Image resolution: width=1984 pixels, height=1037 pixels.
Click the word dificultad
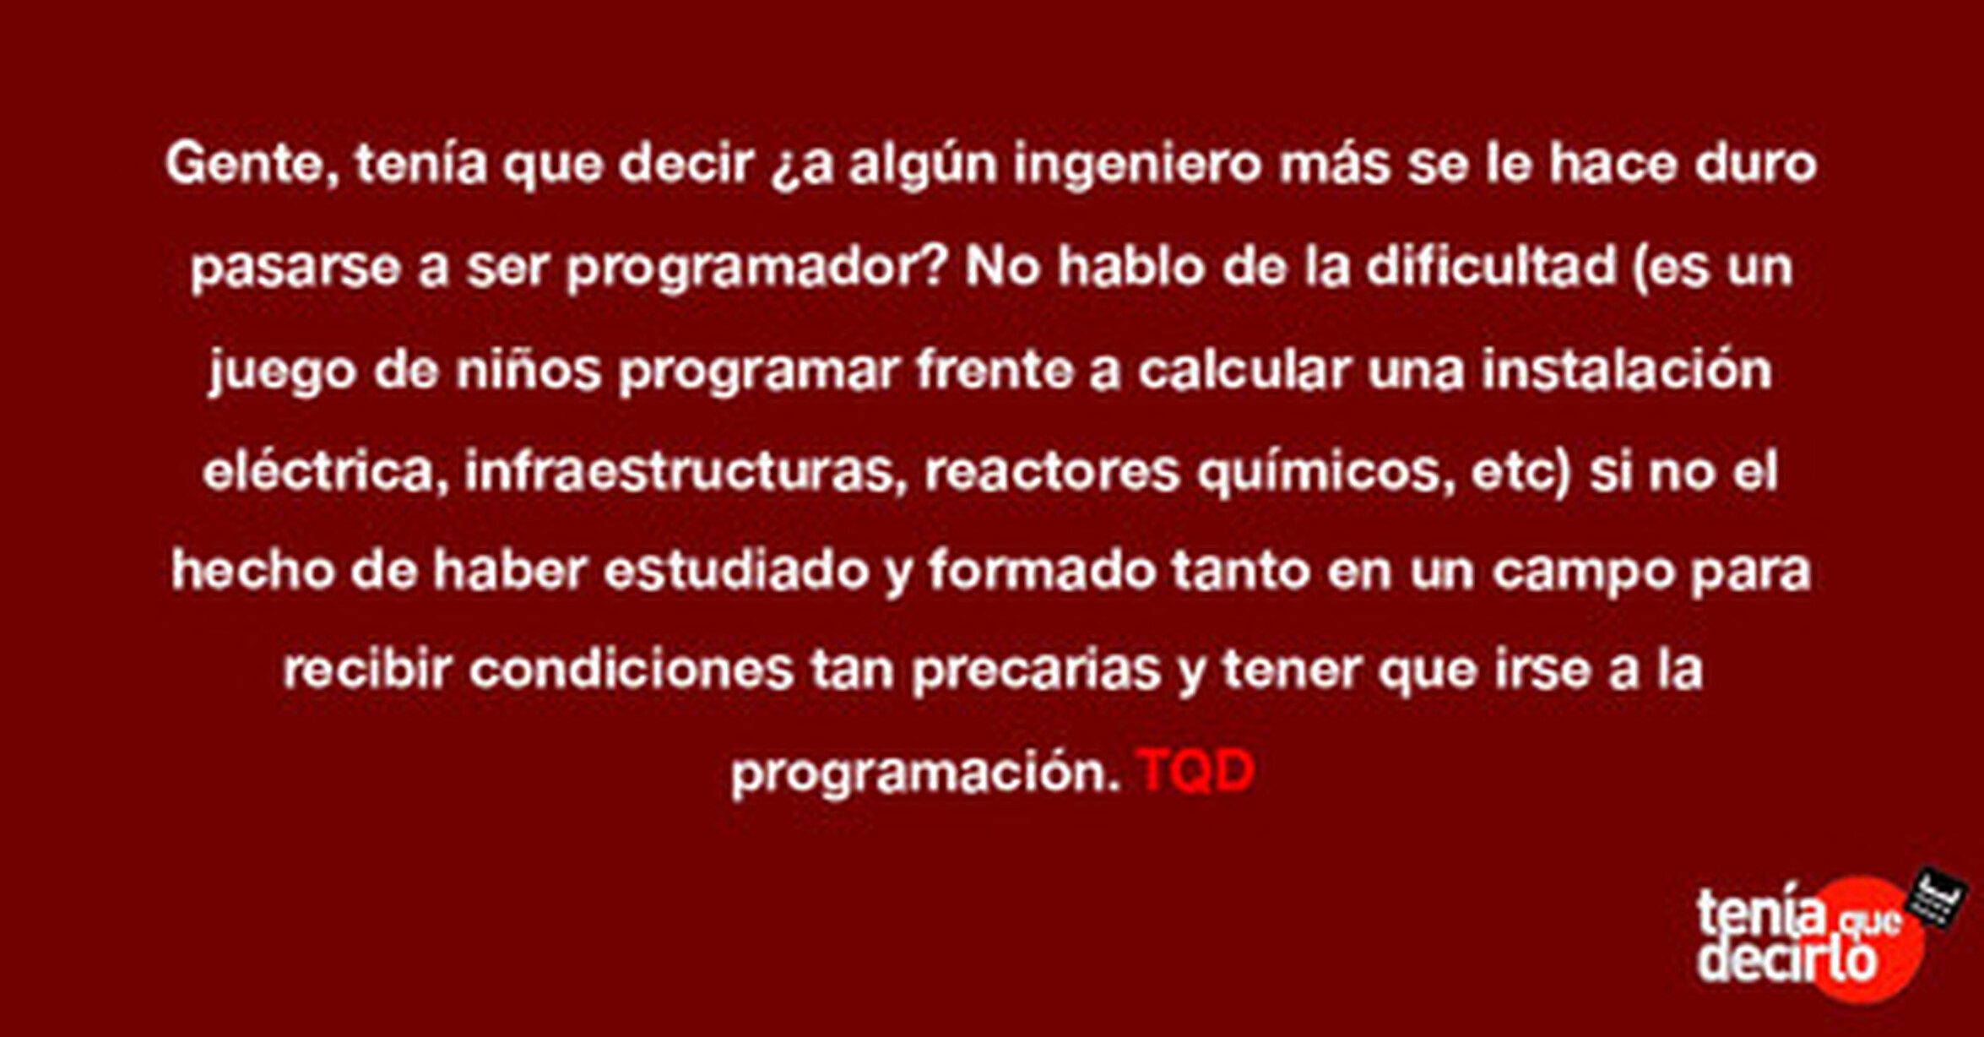1491,266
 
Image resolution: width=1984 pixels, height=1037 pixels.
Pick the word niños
529,371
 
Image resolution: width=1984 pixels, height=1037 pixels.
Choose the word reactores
1052,472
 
